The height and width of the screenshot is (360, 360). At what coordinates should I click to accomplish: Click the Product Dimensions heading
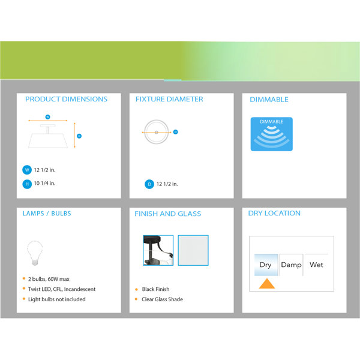[66, 99]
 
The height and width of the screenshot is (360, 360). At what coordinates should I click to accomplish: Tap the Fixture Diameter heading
[169, 99]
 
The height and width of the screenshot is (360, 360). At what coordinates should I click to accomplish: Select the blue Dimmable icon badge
[271, 134]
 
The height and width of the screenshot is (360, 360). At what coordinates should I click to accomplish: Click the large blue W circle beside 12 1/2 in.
[27, 170]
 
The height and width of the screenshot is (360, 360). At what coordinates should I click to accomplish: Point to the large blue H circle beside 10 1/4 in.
[27, 184]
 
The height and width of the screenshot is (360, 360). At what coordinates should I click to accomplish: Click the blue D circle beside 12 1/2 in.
[149, 184]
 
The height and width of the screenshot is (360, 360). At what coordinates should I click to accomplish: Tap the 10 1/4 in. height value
[44, 183]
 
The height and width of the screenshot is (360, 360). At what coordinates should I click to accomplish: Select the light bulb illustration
[35, 253]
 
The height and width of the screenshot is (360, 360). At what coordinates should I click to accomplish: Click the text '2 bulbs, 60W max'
[49, 279]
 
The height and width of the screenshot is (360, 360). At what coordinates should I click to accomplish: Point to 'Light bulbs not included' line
[57, 299]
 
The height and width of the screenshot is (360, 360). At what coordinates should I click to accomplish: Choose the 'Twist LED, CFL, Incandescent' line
[62, 289]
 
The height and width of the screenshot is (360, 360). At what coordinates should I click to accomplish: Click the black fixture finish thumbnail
[158, 250]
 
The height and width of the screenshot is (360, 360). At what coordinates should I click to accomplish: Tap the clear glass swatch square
[193, 250]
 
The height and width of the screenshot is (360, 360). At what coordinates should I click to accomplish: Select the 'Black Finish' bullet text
[155, 289]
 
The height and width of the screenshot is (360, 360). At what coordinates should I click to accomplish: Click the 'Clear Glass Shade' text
[163, 299]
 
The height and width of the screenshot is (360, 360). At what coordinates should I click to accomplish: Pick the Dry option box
[266, 265]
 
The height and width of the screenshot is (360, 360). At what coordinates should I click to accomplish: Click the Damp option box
[292, 265]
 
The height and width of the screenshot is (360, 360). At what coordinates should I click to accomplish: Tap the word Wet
[316, 265]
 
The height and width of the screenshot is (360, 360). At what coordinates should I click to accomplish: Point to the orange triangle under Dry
[267, 284]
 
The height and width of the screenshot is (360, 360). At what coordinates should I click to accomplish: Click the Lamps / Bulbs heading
[47, 214]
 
